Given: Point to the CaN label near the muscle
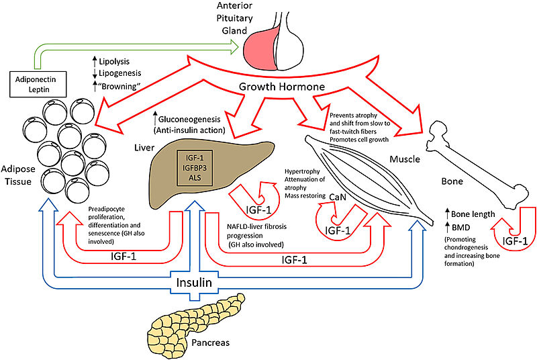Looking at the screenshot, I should pyautogui.click(x=338, y=195).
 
